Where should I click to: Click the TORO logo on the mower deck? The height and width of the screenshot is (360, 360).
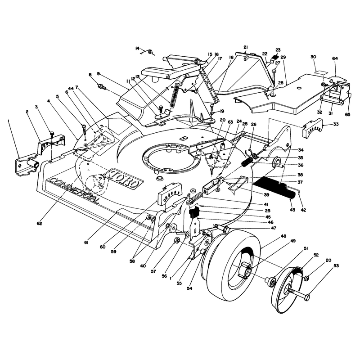pos(125,179)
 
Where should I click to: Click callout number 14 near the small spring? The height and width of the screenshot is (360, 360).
pos(137,48)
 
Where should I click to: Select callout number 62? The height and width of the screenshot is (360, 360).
pos(39,223)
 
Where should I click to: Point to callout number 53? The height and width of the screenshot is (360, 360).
pos(336,266)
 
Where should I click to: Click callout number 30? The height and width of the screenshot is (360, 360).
pos(313,57)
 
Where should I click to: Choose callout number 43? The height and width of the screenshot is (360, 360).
pos(292,210)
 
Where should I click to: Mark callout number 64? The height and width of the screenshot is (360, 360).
pos(335,58)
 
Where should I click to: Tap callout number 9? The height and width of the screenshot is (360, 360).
pos(98,73)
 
